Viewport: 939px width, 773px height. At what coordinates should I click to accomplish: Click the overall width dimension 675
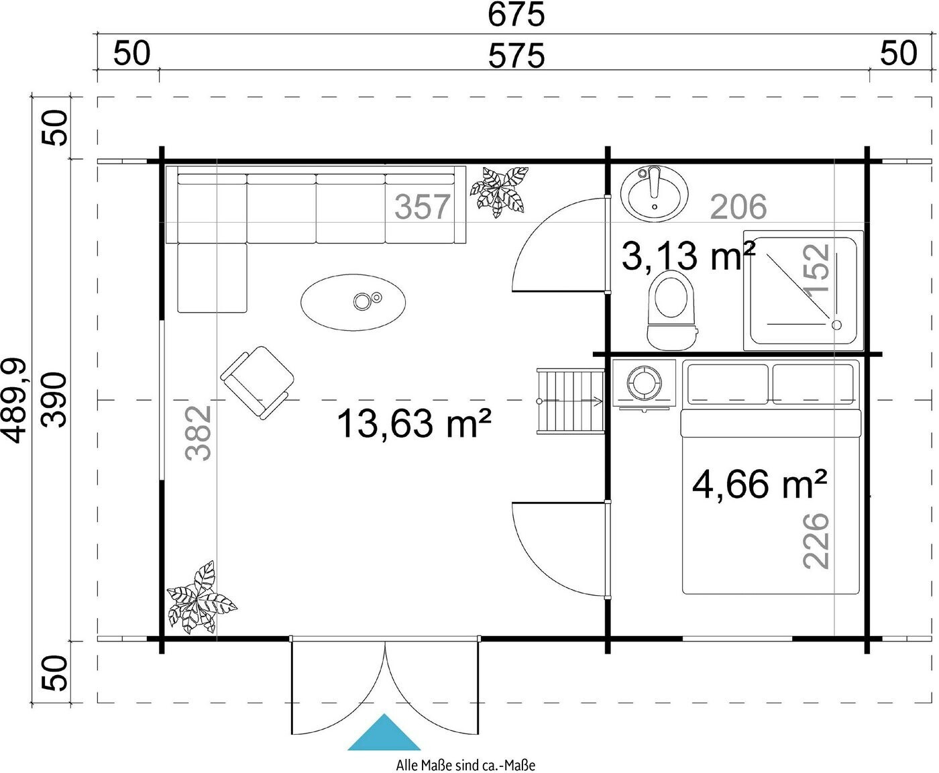(516, 15)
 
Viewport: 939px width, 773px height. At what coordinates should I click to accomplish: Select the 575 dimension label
(516, 56)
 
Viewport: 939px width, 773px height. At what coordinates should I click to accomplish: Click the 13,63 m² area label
(414, 423)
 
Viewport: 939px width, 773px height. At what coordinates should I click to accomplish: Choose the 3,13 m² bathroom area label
(688, 256)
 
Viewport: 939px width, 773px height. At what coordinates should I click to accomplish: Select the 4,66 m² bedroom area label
(759, 484)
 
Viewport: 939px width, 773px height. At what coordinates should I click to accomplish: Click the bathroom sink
(654, 193)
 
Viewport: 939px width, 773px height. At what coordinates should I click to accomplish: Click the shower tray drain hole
(836, 325)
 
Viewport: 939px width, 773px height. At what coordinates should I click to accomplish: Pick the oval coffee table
(353, 302)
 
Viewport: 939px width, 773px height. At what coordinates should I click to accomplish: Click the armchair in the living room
(258, 382)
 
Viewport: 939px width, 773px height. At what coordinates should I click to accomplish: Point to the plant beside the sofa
(499, 192)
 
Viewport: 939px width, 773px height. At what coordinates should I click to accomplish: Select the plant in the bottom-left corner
(201, 597)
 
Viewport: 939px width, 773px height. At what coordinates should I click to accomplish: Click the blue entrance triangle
(384, 732)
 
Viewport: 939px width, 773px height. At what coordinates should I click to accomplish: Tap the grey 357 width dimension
(422, 207)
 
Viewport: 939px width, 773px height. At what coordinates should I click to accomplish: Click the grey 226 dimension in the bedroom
(816, 542)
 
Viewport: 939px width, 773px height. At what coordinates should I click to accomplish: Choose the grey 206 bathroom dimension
(738, 207)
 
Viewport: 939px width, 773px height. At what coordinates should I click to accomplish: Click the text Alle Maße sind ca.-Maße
(465, 765)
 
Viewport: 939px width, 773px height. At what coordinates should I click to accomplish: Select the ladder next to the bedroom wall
(570, 401)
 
